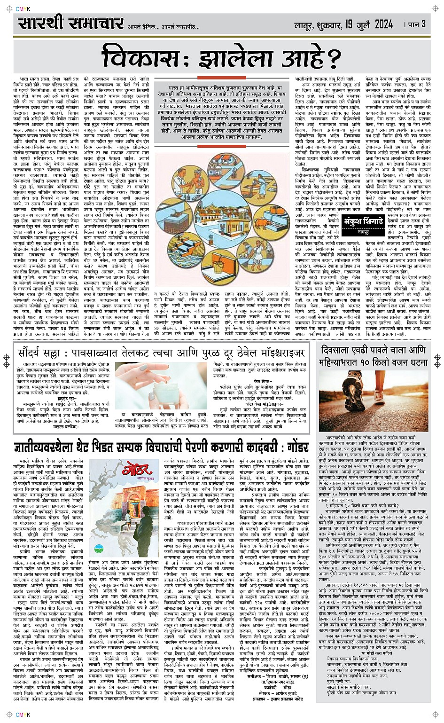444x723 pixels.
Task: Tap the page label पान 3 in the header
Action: click(x=417, y=24)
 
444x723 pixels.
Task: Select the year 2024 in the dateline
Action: click(x=380, y=24)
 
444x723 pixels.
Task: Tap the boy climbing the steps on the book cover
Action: click(x=128, y=521)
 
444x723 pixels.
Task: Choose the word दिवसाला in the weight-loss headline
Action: click(x=346, y=351)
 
